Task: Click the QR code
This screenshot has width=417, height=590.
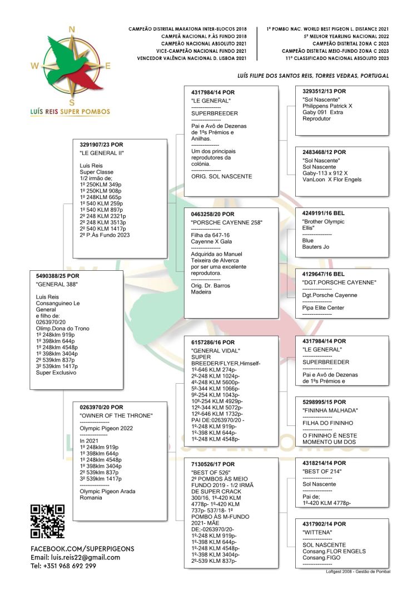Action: tap(47, 521)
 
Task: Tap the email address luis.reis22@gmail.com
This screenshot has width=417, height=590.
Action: tap(75, 557)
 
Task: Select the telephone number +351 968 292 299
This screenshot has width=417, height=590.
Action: tap(63, 566)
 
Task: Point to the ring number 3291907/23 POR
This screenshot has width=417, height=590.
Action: tap(102, 145)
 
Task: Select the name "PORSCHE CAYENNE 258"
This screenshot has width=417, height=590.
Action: tap(226, 223)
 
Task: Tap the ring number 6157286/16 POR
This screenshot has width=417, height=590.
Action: tap(213, 342)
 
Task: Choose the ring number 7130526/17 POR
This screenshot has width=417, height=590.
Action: tap(213, 464)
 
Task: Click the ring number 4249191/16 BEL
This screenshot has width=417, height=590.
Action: tap(324, 213)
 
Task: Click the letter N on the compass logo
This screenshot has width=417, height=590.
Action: tap(71, 29)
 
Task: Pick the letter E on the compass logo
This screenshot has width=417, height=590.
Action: tap(108, 66)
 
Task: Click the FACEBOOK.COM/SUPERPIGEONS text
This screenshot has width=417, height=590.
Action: tap(82, 548)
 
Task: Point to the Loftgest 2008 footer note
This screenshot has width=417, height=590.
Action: tap(358, 572)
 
